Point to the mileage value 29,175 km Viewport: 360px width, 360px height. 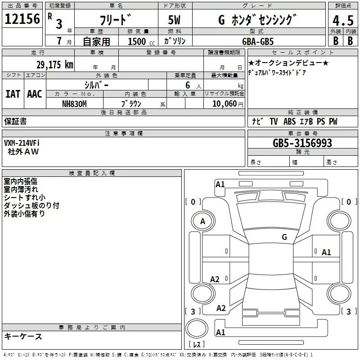(54, 64)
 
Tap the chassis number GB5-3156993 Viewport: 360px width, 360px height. (302, 143)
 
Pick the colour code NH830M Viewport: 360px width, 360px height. (74, 103)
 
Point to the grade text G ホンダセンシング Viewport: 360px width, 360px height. (252, 20)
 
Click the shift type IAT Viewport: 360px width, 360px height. (13, 94)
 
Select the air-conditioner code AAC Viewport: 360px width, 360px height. (35, 94)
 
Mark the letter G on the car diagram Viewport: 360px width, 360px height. (284, 237)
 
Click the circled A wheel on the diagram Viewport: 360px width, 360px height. (202, 221)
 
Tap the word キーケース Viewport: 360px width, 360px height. (23, 337)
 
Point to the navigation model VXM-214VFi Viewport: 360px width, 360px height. (22, 143)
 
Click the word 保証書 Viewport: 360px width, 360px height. (15, 121)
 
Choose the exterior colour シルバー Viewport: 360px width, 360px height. (96, 85)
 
